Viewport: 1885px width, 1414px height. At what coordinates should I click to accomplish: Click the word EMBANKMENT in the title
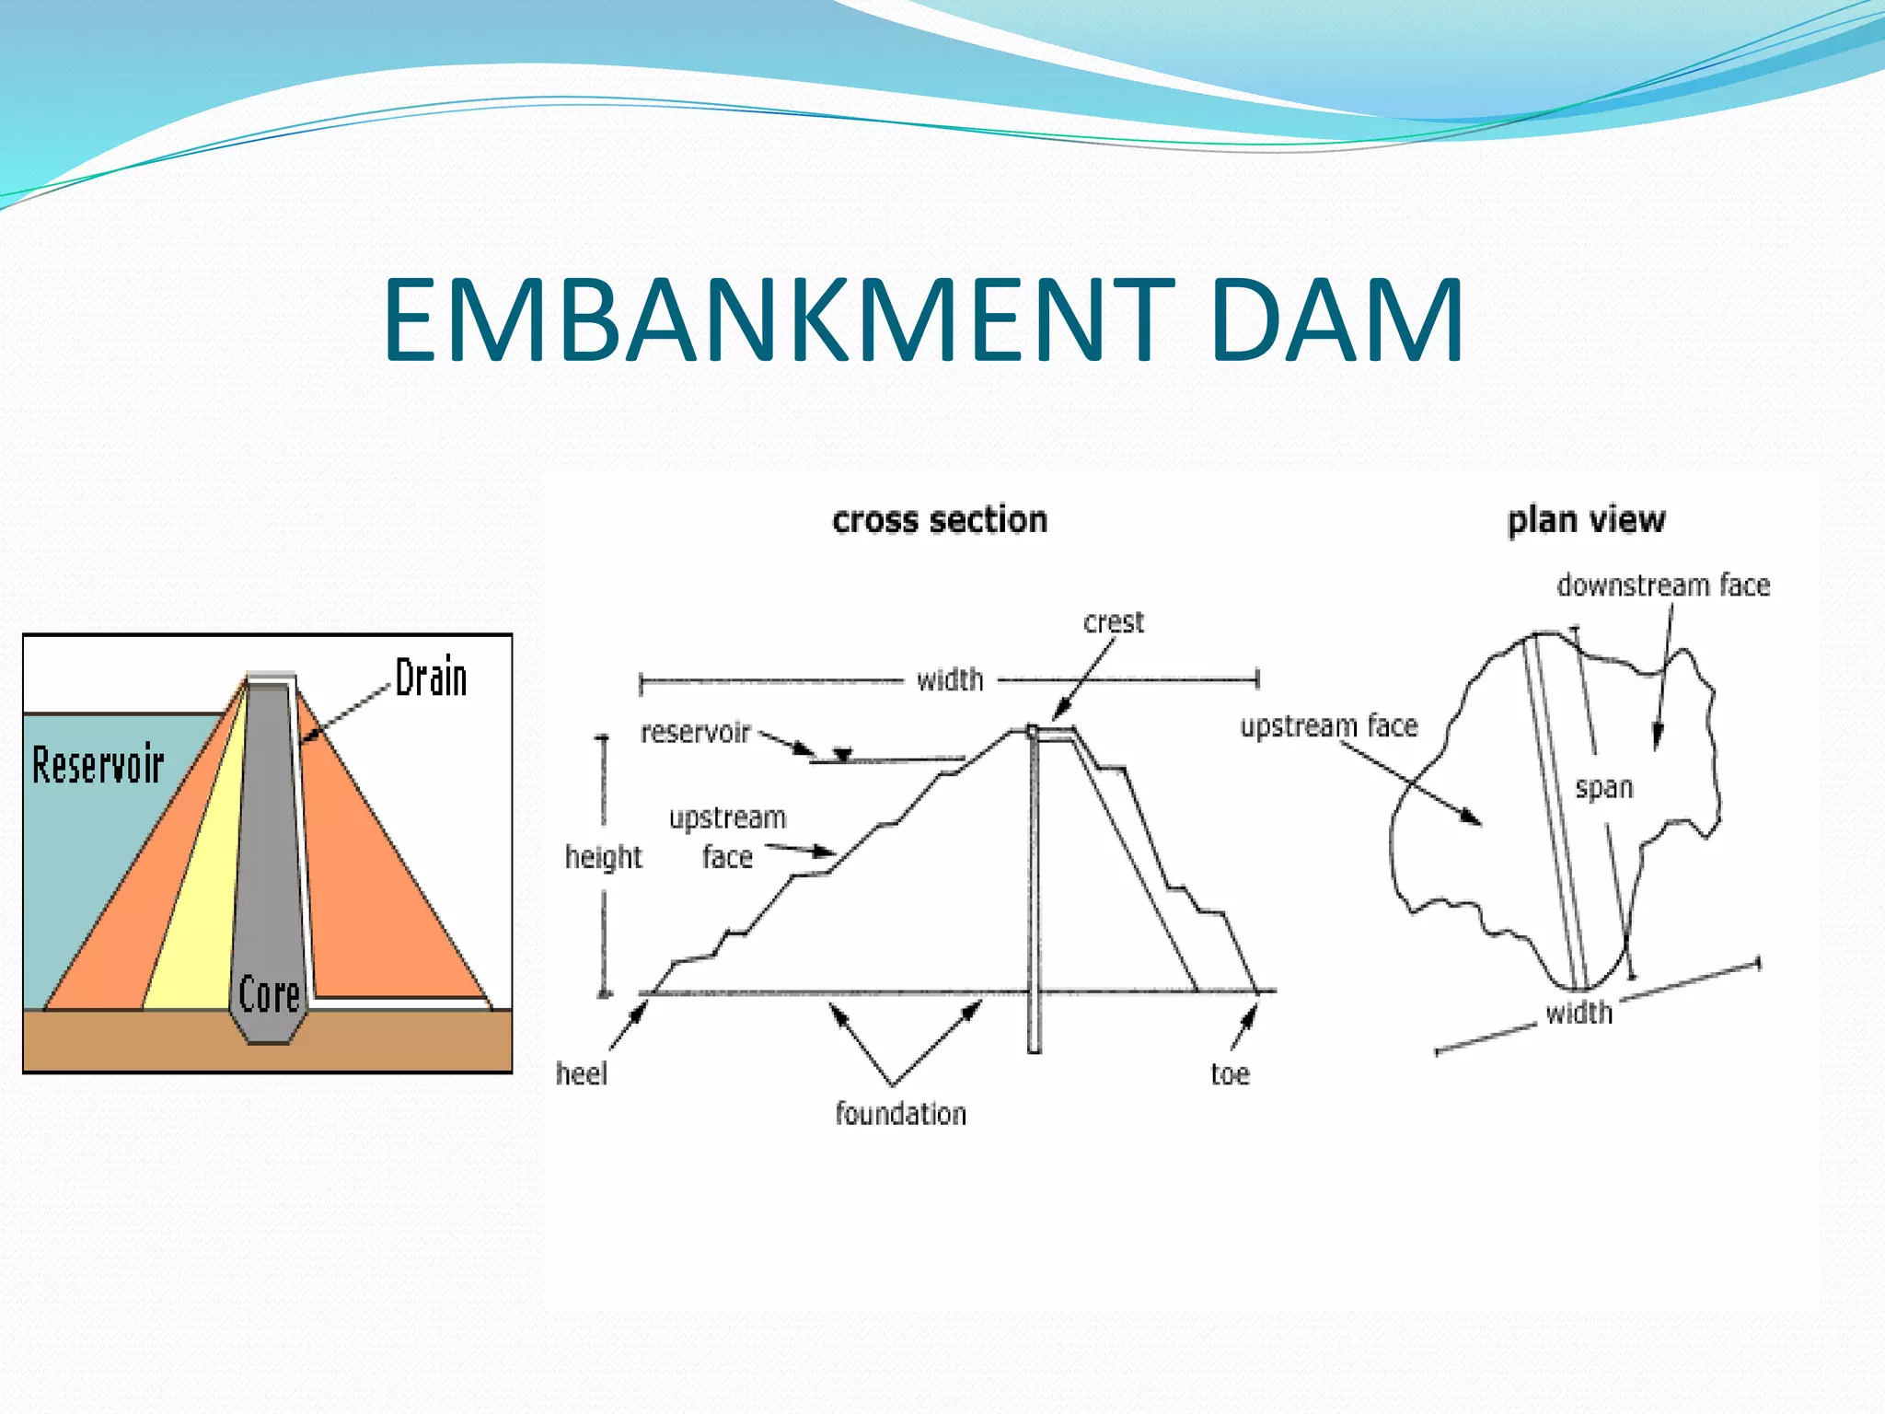(x=779, y=319)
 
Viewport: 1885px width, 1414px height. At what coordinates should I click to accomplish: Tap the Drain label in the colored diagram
(x=431, y=678)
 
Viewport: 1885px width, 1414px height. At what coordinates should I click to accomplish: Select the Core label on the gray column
(x=269, y=995)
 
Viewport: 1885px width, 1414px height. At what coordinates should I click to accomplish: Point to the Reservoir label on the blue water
(x=98, y=765)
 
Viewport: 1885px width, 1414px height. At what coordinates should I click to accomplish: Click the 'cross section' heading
(x=939, y=520)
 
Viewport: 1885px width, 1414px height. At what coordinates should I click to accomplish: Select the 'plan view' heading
(x=1586, y=520)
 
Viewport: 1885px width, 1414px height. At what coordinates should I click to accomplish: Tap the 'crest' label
(x=1113, y=622)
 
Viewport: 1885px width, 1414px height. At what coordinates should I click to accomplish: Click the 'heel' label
(x=581, y=1073)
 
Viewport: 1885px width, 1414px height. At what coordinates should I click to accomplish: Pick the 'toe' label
(x=1230, y=1073)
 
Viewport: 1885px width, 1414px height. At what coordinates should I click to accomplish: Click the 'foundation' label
(x=900, y=1114)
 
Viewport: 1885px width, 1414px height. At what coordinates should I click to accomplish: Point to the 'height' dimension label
(x=603, y=857)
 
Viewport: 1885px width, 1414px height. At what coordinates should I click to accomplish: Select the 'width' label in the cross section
(x=950, y=680)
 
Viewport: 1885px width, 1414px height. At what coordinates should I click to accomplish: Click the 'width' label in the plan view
(x=1579, y=1013)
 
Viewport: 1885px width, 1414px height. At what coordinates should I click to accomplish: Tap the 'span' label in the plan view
(x=1603, y=788)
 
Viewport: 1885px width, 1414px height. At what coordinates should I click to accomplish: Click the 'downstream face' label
(x=1663, y=585)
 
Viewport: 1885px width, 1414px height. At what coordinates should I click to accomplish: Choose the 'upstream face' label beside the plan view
(x=1328, y=726)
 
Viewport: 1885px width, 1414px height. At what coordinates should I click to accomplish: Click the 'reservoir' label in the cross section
(x=695, y=733)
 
